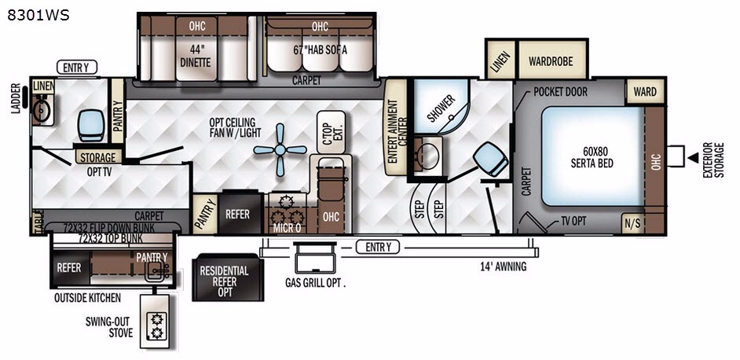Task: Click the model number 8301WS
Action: [38, 15]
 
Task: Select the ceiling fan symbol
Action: [280, 150]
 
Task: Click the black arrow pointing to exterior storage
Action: [693, 158]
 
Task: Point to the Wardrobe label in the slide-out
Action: [550, 61]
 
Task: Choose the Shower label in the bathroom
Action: [441, 108]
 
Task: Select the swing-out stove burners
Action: [155, 325]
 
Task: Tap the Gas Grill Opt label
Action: [315, 284]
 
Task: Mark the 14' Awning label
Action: [502, 267]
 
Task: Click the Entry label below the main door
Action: [378, 247]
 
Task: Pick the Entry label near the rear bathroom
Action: [76, 68]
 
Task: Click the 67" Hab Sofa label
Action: [320, 50]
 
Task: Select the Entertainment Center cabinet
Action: [396, 127]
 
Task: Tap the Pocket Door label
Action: [560, 92]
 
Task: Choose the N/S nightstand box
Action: [632, 224]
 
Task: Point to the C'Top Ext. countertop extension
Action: [331, 132]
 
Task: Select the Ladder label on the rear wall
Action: [16, 99]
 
